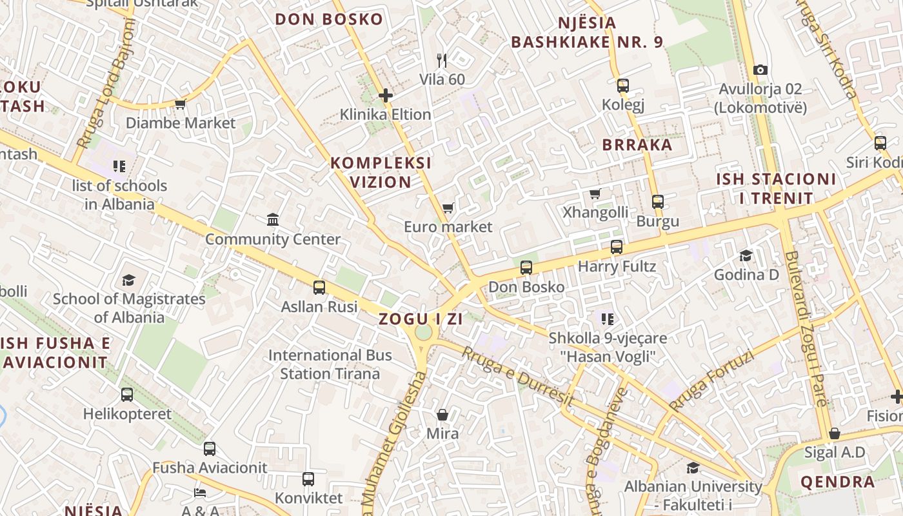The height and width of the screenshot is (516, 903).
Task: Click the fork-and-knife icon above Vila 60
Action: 442,61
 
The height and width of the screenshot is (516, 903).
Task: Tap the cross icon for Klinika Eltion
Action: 386,96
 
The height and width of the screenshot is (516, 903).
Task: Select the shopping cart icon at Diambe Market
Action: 180,104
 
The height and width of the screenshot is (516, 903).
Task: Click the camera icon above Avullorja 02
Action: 760,70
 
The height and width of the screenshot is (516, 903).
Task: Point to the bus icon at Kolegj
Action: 622,85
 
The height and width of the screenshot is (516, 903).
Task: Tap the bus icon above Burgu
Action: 657,202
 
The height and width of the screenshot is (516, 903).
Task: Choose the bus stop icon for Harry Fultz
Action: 616,247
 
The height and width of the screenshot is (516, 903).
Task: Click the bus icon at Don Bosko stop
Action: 526,268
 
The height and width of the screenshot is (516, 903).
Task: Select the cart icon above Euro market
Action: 448,208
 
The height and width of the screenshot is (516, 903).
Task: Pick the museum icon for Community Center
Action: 273,220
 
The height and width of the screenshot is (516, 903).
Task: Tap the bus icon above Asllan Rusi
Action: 319,288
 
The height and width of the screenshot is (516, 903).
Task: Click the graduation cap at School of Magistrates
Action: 128,280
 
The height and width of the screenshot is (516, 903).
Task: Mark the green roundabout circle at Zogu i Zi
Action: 423,332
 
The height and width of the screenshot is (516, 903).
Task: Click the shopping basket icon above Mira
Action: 442,414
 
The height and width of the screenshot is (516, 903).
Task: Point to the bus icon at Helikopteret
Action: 127,395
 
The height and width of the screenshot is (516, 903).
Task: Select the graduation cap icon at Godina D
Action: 746,255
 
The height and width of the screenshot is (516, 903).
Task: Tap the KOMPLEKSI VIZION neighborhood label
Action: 381,172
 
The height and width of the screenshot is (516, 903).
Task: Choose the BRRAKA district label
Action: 637,144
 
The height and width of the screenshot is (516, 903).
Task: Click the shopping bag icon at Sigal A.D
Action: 835,433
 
